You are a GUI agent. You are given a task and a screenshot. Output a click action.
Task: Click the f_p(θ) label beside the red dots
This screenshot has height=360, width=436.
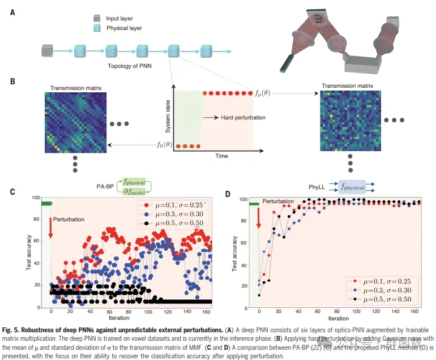pos(263,93)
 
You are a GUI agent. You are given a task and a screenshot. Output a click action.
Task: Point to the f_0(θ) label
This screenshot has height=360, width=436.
pos(166,145)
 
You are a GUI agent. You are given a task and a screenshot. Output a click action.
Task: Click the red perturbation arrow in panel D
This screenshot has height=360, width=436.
pos(259,218)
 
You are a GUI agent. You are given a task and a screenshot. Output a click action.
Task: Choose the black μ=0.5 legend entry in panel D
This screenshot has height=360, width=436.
pos(382,298)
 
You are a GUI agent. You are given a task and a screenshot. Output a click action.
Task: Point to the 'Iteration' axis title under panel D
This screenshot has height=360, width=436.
pos(338,319)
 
